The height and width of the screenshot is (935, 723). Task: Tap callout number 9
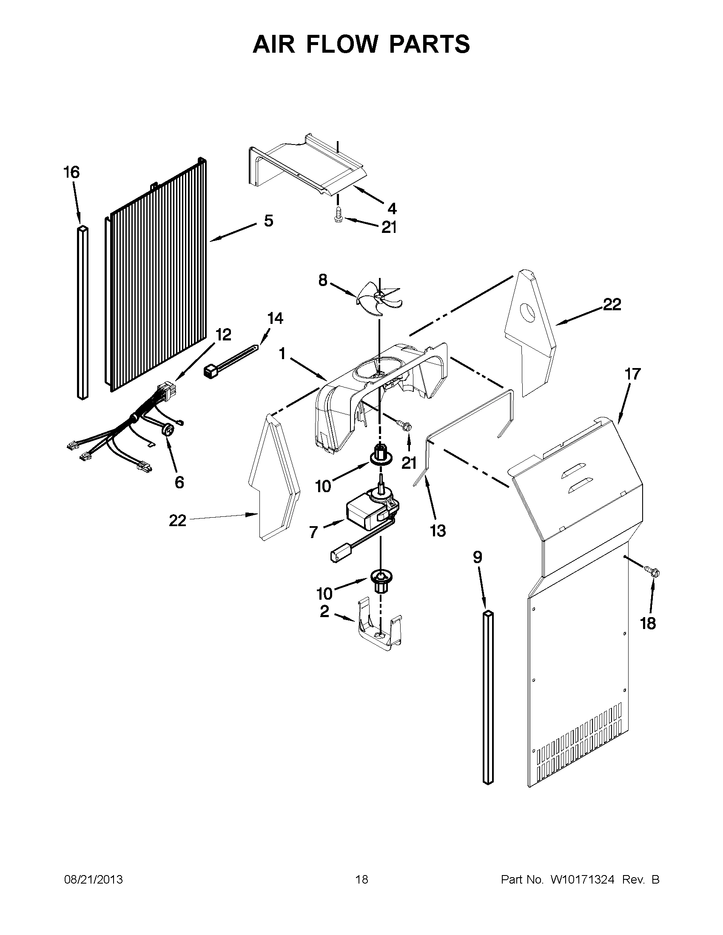(478, 557)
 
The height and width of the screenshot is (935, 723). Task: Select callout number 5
(268, 221)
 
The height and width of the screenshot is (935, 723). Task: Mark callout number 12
(223, 334)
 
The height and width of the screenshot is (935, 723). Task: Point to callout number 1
(282, 354)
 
